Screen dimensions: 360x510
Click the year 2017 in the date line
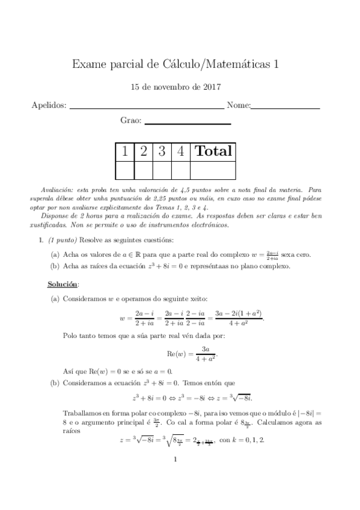coord(210,87)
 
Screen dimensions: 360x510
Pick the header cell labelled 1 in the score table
coord(125,151)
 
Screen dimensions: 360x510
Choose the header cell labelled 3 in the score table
coord(162,151)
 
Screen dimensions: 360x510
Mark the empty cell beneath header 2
coord(144,171)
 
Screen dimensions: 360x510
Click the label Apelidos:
coord(49,106)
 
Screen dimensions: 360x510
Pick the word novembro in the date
coord(176,87)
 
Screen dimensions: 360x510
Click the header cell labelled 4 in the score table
coord(180,151)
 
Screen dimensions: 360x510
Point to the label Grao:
coord(130,121)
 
